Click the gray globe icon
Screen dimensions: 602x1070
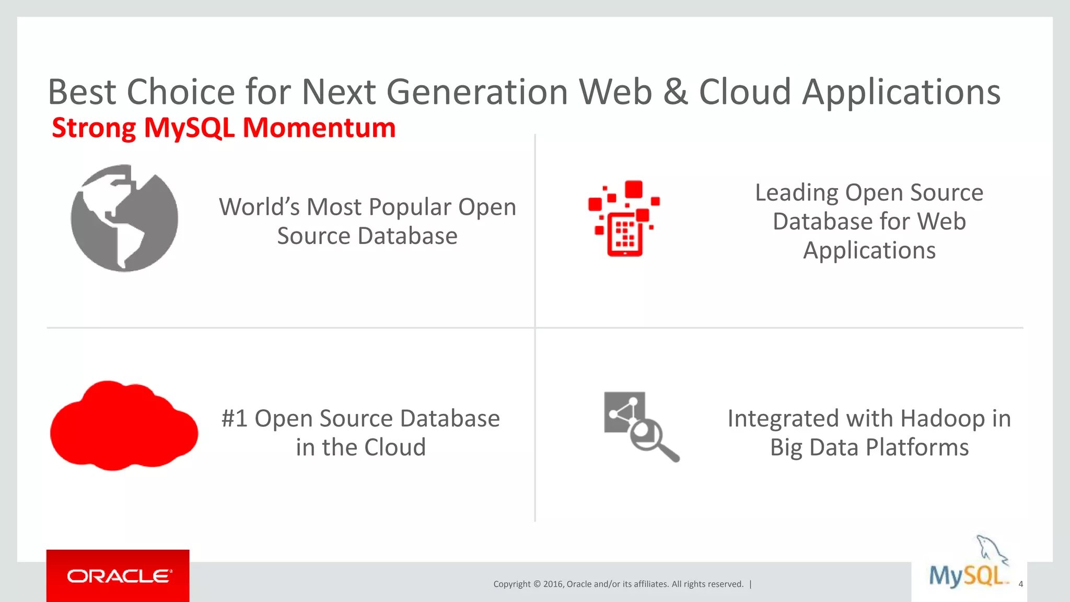124,218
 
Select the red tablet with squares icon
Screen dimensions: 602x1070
624,219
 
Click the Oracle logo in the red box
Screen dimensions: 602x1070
118,576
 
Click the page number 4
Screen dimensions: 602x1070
1020,584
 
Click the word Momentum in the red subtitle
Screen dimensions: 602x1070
319,128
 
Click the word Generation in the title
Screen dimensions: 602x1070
477,92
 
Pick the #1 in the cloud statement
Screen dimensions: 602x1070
234,419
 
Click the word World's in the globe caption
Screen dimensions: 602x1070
259,207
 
